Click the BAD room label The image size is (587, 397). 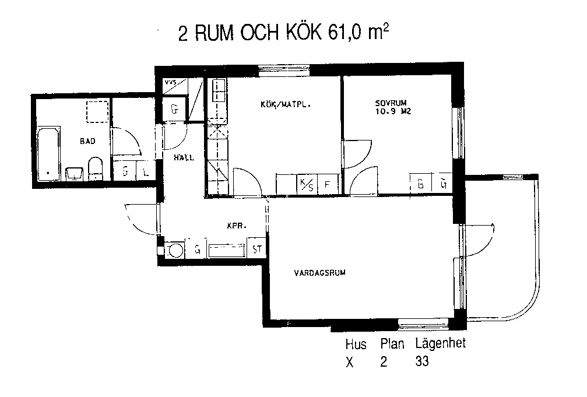pyautogui.click(x=87, y=141)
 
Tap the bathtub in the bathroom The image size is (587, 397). pyautogui.click(x=48, y=154)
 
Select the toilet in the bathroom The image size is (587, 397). pyautogui.click(x=95, y=168)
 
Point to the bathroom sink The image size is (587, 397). pyautogui.click(x=74, y=174)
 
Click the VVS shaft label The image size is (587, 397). pyautogui.click(x=171, y=81)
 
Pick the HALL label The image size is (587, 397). pyautogui.click(x=184, y=157)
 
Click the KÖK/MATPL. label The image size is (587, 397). pyautogui.click(x=286, y=104)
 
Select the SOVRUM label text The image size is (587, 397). pyautogui.click(x=391, y=103)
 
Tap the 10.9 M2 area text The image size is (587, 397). pyautogui.click(x=393, y=111)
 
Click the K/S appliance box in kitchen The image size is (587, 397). pyautogui.click(x=307, y=184)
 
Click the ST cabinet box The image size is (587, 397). pyautogui.click(x=257, y=249)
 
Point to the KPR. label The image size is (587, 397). pyautogui.click(x=237, y=226)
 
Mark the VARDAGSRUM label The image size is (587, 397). pyautogui.click(x=319, y=273)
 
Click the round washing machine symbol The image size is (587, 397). pyautogui.click(x=175, y=250)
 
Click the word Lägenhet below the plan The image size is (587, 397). pyautogui.click(x=440, y=343)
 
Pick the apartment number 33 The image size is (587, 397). pyautogui.click(x=422, y=361)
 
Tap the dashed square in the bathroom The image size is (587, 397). pyautogui.click(x=97, y=111)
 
